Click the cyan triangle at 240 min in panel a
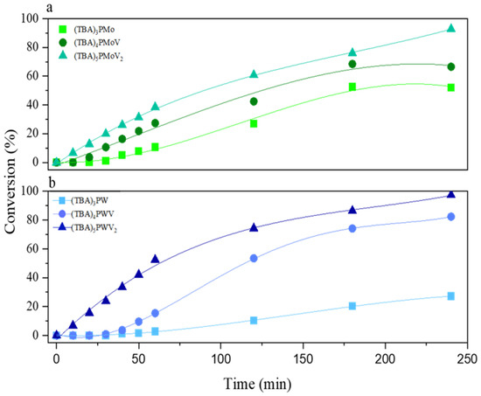point(450,28)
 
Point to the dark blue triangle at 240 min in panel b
point(450,194)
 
